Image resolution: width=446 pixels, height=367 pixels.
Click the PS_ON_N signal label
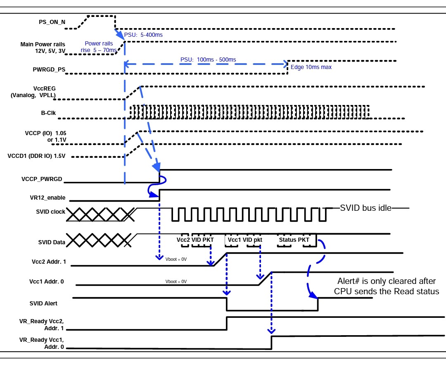[x=49, y=22]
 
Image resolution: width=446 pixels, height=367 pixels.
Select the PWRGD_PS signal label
[x=49, y=69]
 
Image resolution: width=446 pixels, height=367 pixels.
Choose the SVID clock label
[x=50, y=212]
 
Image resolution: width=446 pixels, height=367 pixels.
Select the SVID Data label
[x=50, y=242]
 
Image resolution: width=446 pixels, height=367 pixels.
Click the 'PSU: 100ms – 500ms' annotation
[x=208, y=60]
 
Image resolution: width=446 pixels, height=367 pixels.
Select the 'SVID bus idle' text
[x=365, y=208]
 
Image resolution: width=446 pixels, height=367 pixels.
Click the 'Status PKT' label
[x=294, y=240]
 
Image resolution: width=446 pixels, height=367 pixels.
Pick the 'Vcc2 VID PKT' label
[x=195, y=240]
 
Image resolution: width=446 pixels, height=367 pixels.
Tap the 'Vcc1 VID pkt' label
[x=245, y=240]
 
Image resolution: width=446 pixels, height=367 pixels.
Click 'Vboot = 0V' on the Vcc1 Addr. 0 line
[x=176, y=281]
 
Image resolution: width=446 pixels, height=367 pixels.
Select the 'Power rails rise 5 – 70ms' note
[x=99, y=47]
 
